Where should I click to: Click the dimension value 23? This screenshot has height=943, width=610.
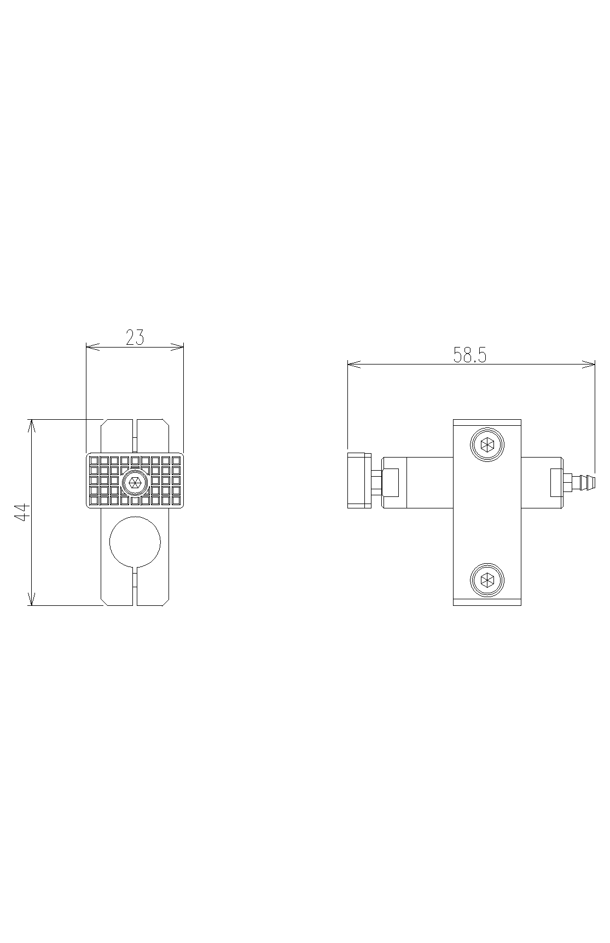(x=135, y=338)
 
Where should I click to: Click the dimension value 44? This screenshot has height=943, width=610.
(x=22, y=513)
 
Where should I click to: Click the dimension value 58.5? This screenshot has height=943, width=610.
(x=470, y=355)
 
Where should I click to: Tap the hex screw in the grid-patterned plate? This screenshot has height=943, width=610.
(x=135, y=482)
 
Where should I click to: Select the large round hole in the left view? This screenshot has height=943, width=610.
(x=135, y=541)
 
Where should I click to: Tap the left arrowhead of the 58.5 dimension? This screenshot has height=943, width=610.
(x=353, y=363)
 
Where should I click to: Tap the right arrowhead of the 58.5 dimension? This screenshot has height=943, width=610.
(x=589, y=363)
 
